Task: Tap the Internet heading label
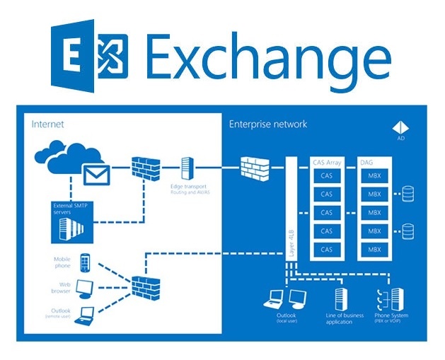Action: tap(47, 124)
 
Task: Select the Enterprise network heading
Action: tap(267, 124)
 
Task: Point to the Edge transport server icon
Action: tap(187, 168)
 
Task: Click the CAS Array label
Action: tap(326, 162)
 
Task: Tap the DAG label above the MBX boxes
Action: tap(365, 162)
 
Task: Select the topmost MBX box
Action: tap(374, 175)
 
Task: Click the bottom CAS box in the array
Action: tap(326, 249)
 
